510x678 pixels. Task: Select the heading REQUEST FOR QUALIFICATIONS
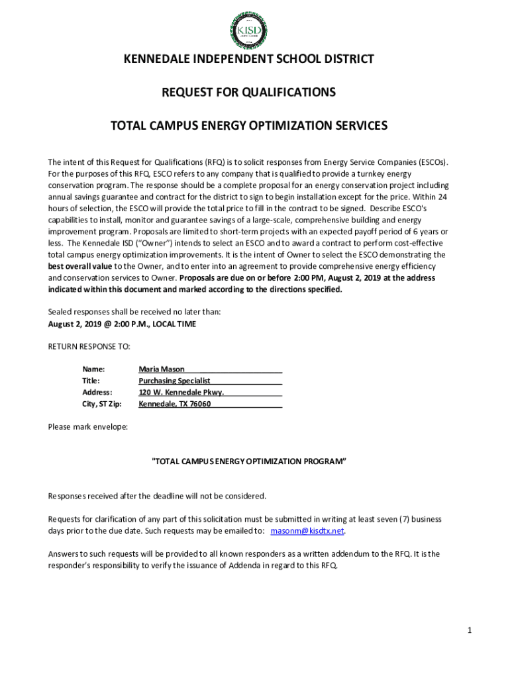(x=249, y=92)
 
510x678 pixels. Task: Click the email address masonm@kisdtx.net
(x=308, y=531)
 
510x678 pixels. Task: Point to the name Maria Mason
(x=162, y=369)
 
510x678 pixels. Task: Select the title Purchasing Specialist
(x=174, y=381)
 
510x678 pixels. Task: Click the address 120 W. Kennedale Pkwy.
(x=181, y=392)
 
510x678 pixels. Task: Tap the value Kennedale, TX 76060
(x=174, y=404)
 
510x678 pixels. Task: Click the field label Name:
(x=93, y=369)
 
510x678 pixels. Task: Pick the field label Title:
(x=91, y=381)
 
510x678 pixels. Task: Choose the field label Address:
(x=97, y=392)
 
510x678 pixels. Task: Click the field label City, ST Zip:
(x=102, y=404)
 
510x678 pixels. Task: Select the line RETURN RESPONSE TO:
(x=89, y=346)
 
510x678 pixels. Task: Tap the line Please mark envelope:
(x=88, y=427)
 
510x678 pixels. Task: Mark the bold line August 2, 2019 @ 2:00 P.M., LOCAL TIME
(x=122, y=324)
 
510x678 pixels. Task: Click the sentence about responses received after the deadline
(x=157, y=496)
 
